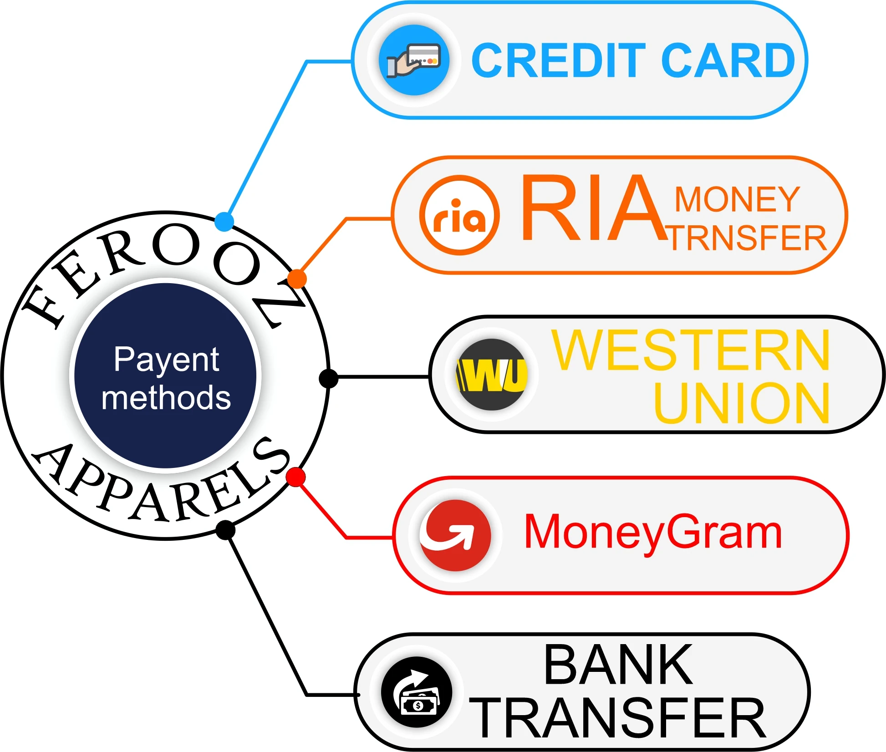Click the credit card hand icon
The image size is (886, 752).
(x=414, y=60)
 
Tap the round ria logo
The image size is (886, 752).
(x=459, y=215)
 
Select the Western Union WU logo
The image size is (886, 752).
(x=492, y=375)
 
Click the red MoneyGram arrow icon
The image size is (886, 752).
(x=455, y=535)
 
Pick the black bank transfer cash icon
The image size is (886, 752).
(x=417, y=692)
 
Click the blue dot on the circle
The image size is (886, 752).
(x=224, y=222)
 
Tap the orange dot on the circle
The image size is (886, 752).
(x=297, y=279)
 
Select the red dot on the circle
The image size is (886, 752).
(x=296, y=477)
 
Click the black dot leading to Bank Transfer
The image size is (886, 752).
(x=225, y=530)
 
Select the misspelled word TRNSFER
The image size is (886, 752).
(x=748, y=238)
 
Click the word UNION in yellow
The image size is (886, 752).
(x=741, y=403)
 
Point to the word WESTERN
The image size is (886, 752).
(x=691, y=351)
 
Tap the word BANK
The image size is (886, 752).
(x=618, y=665)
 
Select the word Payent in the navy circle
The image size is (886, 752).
(x=166, y=360)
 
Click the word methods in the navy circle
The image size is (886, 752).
(x=166, y=398)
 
